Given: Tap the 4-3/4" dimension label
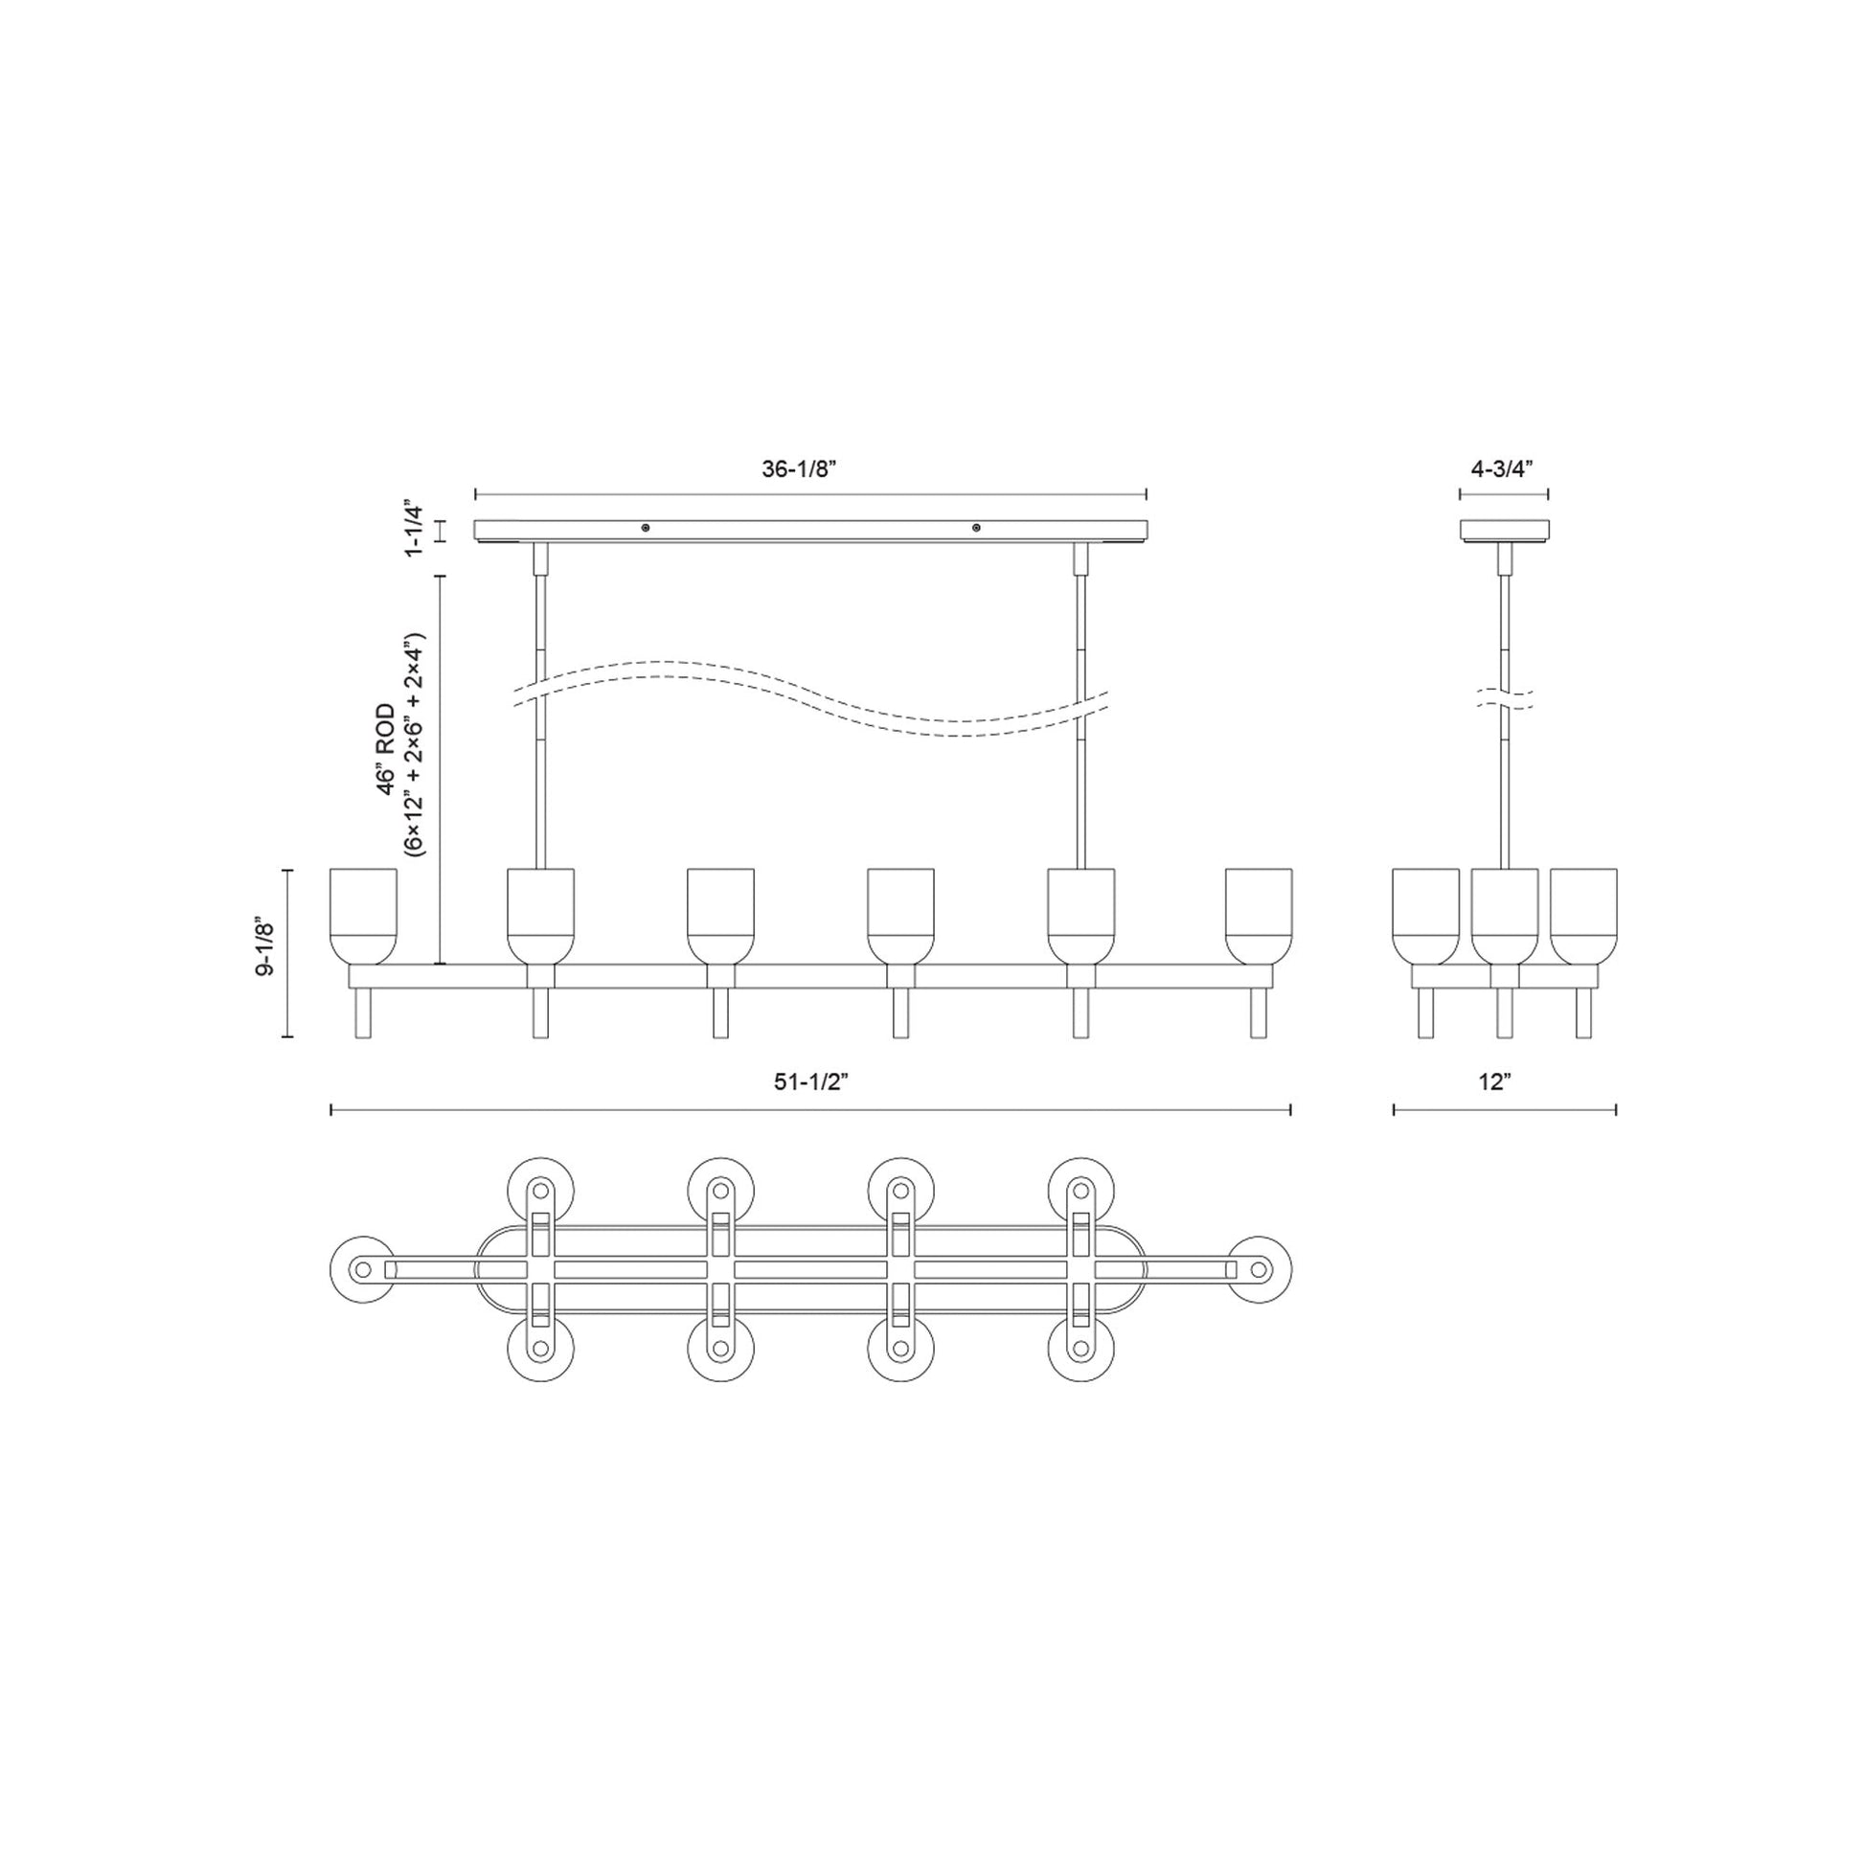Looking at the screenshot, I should coord(1502,469).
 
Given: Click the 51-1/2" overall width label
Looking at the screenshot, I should coord(810,1081).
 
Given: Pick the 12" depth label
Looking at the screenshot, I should coord(1494,1081).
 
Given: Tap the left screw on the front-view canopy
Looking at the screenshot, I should coord(646,528).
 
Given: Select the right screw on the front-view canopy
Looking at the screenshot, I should coord(976,528).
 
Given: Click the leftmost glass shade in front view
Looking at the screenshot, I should coord(363,915).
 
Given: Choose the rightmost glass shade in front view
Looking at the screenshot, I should coord(1258,915).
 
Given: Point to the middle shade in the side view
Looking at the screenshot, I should coord(1504,915).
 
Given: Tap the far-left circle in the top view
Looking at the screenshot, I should coord(363,1270).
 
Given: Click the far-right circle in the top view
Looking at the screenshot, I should coord(1258,1270).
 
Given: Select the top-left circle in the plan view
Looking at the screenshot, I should coord(540,1190).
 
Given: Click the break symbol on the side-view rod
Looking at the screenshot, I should coord(1504,699).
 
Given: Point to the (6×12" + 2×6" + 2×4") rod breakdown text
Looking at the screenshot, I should coord(415,745).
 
